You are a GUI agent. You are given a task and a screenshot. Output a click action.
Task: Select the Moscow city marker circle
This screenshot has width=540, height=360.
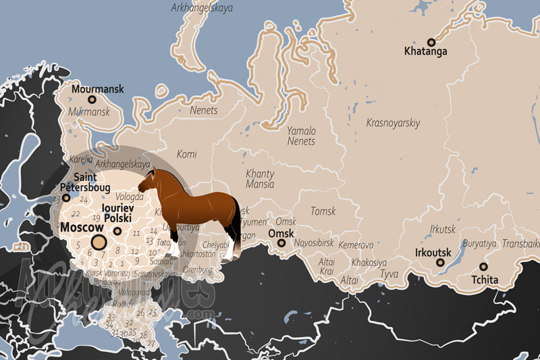click(99, 242)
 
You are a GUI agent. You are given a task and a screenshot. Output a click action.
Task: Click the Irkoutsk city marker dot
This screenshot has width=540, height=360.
click(440, 262)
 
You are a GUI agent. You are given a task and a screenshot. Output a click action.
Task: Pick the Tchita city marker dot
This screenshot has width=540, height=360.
click(483, 266)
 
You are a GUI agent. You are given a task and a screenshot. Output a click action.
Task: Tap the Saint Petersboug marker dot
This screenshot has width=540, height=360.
click(66, 198)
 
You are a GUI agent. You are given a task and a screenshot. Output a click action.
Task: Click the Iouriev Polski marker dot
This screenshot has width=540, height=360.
click(117, 231)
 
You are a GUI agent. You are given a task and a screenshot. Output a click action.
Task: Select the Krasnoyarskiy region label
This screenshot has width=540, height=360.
click(393, 123)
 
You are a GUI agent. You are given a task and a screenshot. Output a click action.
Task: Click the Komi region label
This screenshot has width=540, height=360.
click(186, 154)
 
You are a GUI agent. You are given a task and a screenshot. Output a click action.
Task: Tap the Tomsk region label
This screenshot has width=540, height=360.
click(323, 211)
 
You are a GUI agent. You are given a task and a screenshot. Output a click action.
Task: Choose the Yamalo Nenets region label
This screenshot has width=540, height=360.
click(301, 136)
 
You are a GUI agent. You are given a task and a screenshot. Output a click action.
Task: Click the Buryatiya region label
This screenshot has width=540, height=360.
click(479, 243)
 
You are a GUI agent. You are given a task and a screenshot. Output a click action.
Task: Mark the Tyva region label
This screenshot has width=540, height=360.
click(389, 274)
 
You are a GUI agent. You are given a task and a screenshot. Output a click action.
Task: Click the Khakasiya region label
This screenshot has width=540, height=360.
click(369, 262)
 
